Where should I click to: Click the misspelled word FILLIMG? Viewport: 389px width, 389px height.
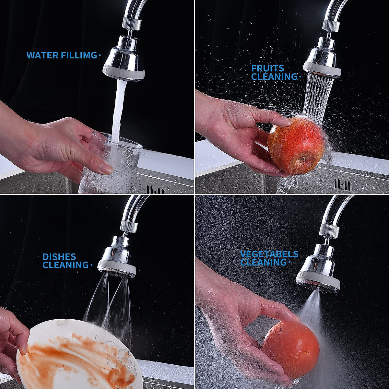79,55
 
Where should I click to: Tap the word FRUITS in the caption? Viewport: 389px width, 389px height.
268,68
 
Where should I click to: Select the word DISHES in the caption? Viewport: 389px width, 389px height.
59,257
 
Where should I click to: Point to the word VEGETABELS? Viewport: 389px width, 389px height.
269,254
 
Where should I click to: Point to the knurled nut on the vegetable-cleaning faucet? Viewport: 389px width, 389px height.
329,229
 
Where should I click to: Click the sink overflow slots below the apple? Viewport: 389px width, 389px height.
342,185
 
